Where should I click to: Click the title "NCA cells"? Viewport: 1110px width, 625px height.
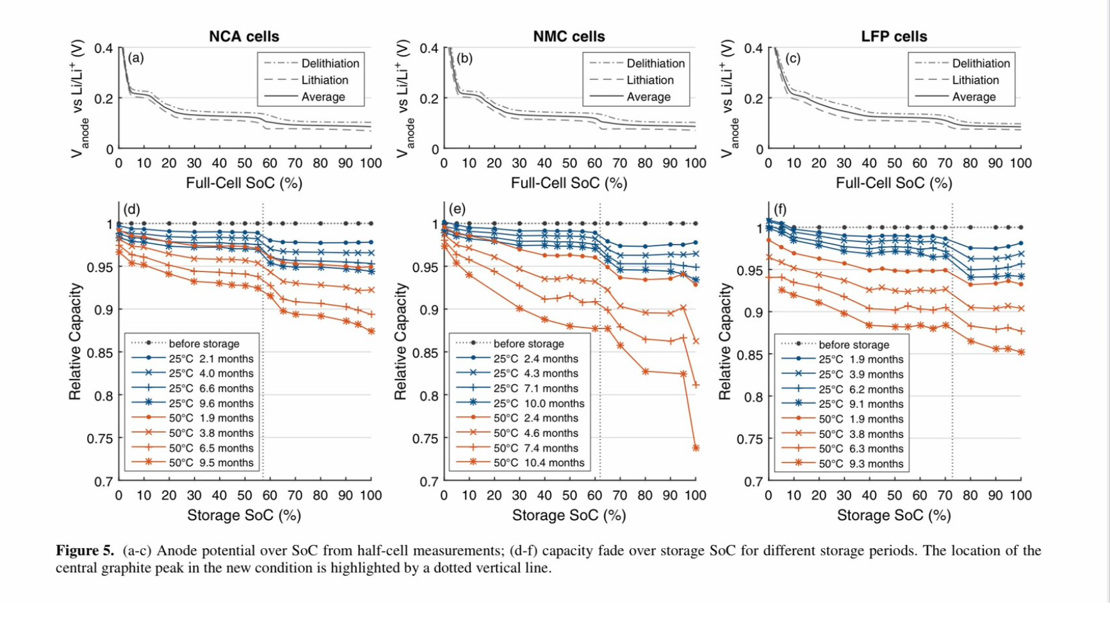[244, 37]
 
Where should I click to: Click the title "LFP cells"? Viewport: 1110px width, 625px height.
[894, 37]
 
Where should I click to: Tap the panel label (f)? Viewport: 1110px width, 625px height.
[779, 209]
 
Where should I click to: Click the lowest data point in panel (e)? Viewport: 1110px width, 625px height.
[696, 448]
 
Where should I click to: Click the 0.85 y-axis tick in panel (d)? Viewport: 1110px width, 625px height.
[100, 353]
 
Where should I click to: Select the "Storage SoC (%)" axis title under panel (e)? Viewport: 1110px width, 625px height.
[569, 515]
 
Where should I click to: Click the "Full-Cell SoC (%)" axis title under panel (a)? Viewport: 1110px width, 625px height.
[244, 183]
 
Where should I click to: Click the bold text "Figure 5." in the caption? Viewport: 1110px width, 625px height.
[85, 551]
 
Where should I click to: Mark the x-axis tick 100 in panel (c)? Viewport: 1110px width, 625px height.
[1020, 163]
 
